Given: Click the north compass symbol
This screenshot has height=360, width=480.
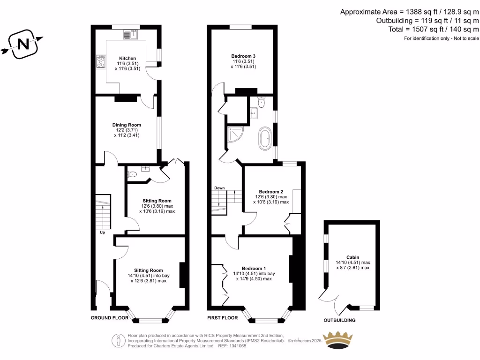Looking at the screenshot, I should point(22,45).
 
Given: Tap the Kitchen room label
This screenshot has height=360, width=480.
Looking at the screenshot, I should point(127,59).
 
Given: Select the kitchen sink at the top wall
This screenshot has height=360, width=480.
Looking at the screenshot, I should point(130,34).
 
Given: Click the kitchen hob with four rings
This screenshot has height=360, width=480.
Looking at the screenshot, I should point(101,62).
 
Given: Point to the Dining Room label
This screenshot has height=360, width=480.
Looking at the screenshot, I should point(127,125).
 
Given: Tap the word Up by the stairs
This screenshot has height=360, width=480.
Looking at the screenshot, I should point(102,232).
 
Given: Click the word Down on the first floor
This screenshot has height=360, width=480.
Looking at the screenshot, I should point(219,188).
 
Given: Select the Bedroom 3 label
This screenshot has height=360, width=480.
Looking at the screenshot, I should point(243,56).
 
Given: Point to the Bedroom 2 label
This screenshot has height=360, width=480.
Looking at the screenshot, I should point(271,192).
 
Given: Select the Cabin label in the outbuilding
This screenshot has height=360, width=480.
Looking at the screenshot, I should point(352,257).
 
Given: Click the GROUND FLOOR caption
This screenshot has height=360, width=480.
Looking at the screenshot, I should point(109,318).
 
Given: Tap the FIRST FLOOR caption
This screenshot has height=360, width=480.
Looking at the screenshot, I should point(223,318).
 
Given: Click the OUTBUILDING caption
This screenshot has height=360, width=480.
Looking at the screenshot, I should point(339,321).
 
